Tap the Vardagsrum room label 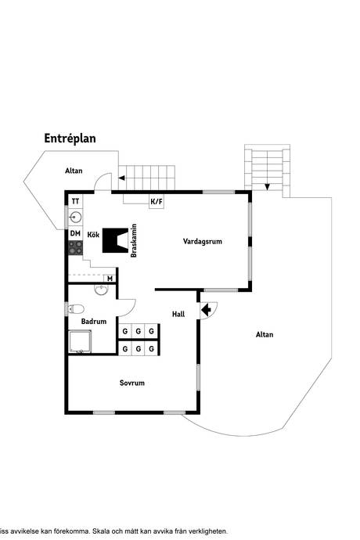click(203, 242)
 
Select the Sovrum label click(132, 383)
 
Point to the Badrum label click(94, 321)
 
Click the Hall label click(178, 315)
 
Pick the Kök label click(93, 234)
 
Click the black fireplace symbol click(116, 240)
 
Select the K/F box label click(157, 202)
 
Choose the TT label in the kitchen click(76, 201)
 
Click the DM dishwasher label click(76, 233)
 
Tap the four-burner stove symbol click(76, 247)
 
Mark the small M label click(110, 278)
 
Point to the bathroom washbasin click(101, 290)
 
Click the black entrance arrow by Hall click(207, 311)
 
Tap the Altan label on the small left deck click(74, 170)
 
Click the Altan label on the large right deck click(265, 334)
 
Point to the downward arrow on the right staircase click(268, 186)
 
